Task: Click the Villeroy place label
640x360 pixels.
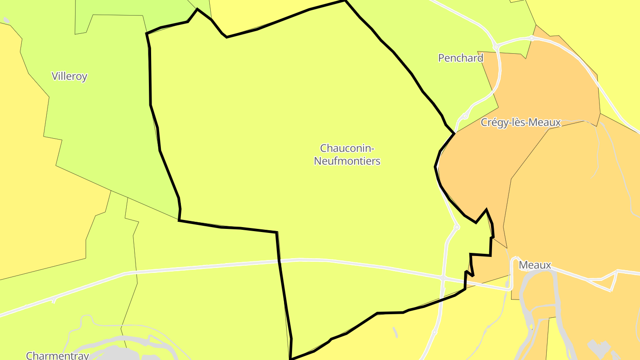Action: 69,76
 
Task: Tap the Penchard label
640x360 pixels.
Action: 460,58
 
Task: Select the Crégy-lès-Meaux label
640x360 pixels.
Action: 521,122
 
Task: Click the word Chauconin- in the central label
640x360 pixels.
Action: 347,148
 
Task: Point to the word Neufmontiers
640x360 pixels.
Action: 347,161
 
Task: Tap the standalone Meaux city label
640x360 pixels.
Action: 535,265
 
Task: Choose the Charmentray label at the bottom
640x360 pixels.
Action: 58,356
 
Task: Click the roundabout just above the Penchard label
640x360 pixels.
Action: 496,46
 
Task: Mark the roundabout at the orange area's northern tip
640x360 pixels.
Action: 532,38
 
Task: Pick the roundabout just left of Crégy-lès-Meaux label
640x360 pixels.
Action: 465,116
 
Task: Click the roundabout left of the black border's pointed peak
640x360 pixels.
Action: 456,227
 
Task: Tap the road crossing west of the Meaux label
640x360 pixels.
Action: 443,278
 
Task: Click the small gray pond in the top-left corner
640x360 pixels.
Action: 6,20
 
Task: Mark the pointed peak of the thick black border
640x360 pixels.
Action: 486,209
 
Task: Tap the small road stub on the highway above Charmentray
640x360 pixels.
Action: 54,300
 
